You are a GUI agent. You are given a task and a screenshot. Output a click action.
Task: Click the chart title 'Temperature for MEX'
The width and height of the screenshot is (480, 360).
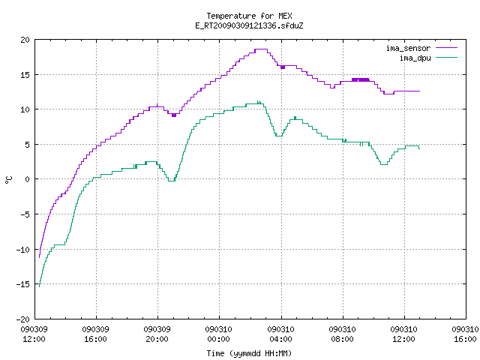click(249, 16)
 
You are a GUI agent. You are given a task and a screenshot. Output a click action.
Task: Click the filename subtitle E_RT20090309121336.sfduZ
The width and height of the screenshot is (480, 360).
click(249, 25)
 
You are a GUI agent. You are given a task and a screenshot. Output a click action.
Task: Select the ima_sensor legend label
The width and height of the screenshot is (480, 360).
click(408, 48)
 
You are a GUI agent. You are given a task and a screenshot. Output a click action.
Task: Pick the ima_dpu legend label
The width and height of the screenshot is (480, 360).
click(415, 58)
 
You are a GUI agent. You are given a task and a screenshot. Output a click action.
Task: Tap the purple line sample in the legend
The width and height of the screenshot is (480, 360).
click(446, 48)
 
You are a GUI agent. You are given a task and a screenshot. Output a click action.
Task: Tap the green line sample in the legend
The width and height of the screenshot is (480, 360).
click(446, 58)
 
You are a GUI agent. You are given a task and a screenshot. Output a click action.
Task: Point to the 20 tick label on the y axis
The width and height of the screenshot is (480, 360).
click(25, 40)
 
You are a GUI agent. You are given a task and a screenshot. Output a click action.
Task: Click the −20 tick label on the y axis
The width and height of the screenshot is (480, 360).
click(23, 319)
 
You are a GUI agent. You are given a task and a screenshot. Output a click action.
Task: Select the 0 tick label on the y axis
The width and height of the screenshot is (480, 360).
click(27, 179)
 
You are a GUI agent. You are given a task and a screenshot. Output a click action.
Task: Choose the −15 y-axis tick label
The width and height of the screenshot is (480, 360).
click(23, 284)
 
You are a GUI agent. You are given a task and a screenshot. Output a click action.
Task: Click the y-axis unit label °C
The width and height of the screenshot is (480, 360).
click(9, 180)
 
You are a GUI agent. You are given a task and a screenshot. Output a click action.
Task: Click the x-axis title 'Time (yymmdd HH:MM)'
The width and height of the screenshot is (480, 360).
click(249, 353)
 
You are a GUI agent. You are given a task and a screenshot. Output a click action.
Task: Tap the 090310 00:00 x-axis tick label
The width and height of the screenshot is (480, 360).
click(218, 334)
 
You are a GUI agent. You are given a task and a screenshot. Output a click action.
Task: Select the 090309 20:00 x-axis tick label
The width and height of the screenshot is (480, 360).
click(157, 334)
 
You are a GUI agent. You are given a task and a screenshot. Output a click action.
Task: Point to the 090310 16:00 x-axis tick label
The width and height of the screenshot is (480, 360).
click(465, 334)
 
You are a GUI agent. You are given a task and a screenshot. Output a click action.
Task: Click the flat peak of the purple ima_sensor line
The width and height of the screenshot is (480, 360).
click(261, 49)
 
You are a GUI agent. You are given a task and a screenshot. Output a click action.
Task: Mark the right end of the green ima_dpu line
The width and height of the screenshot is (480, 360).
click(419, 149)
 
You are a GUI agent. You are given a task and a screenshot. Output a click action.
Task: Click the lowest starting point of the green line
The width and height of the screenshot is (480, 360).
click(40, 286)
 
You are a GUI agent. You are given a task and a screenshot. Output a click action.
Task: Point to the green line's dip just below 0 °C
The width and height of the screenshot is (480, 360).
click(172, 181)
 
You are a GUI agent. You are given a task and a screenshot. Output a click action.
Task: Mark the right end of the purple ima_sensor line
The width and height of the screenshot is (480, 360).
click(420, 91)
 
